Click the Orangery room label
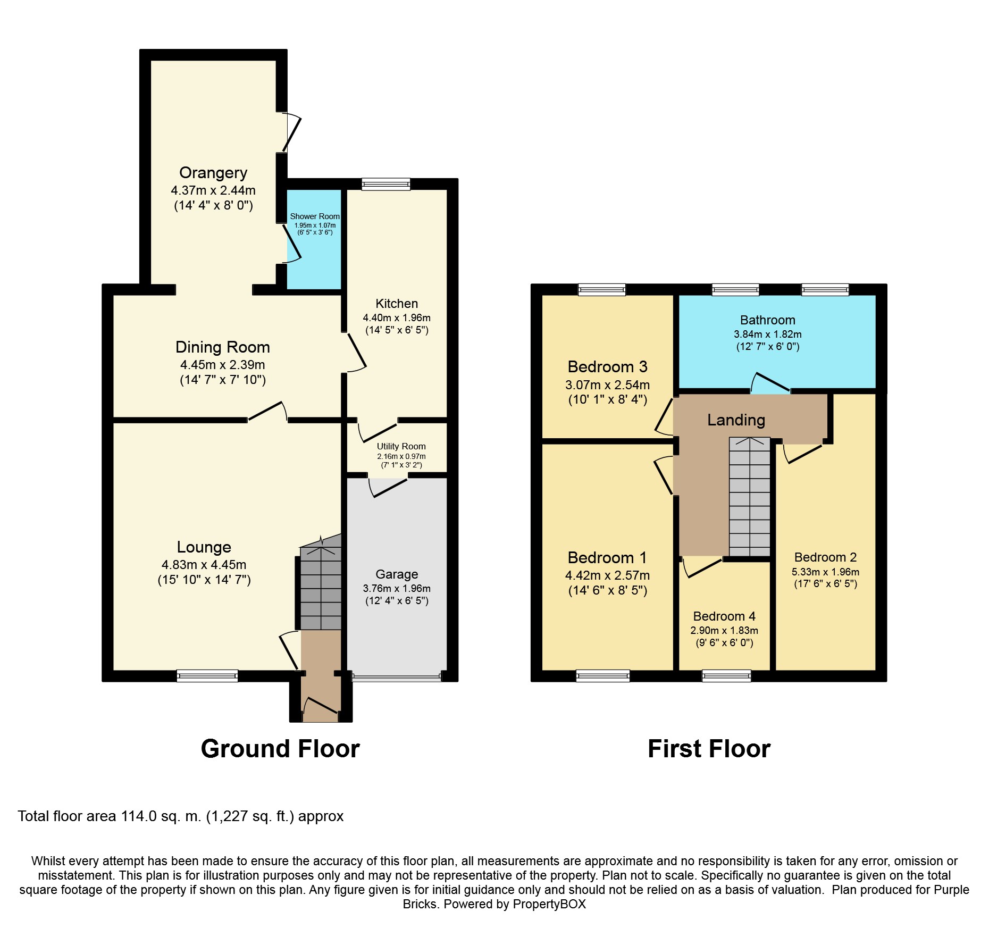[x=213, y=173]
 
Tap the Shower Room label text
[x=314, y=216]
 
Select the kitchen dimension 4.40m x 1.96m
[x=397, y=317]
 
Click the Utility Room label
[x=401, y=447]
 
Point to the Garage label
[x=397, y=574]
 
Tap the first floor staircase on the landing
[x=749, y=497]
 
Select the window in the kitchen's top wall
[x=386, y=184]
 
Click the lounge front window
[x=207, y=676]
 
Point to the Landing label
[x=736, y=420]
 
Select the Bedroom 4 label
[x=724, y=616]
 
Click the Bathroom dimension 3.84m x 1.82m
[x=767, y=335]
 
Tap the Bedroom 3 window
[x=602, y=290]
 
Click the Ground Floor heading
[x=280, y=749]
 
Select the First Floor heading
[x=709, y=749]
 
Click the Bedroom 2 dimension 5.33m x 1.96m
[x=825, y=572]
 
